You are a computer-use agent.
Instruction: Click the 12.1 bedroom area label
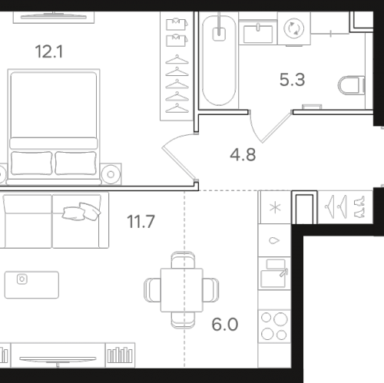click(x=49, y=51)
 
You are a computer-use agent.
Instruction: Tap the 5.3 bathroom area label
click(x=292, y=80)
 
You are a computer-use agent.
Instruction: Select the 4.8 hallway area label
click(x=243, y=155)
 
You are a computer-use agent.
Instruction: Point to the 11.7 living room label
click(x=141, y=222)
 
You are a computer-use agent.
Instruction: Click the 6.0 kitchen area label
click(x=225, y=325)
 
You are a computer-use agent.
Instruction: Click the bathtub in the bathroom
click(x=219, y=60)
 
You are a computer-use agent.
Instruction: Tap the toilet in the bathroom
click(x=352, y=85)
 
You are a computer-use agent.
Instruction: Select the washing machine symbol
click(x=294, y=28)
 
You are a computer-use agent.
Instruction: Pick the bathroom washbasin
click(x=258, y=33)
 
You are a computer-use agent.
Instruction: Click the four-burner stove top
click(x=274, y=326)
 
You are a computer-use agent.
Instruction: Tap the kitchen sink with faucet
click(x=274, y=273)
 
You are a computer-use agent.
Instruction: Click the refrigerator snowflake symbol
click(x=275, y=207)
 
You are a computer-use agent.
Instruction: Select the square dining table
click(x=182, y=290)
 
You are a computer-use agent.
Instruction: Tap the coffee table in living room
click(x=31, y=285)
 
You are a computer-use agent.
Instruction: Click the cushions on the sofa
click(x=81, y=211)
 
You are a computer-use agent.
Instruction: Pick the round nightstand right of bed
click(x=111, y=174)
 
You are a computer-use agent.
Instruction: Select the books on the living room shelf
click(x=120, y=355)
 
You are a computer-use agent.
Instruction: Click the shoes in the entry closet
click(x=359, y=207)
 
